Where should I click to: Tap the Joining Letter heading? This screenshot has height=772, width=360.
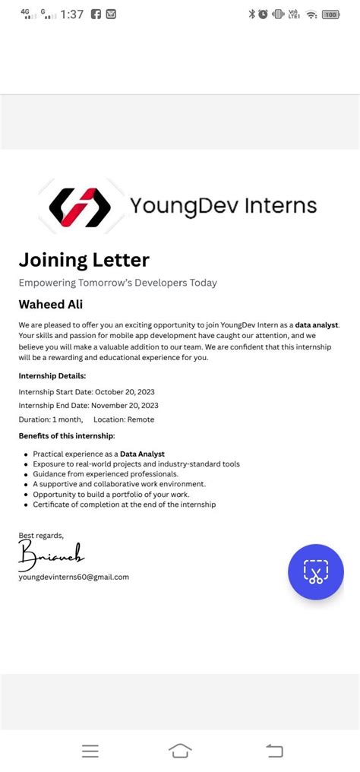click(x=84, y=260)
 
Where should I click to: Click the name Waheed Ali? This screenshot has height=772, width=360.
click(x=51, y=305)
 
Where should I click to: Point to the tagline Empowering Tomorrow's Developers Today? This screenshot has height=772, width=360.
click(x=118, y=283)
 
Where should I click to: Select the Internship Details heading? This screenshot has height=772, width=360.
click(x=52, y=375)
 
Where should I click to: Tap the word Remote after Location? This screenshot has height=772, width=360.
click(x=141, y=419)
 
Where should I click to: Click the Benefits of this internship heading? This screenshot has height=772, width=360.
click(x=67, y=435)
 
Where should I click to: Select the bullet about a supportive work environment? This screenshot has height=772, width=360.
click(x=119, y=484)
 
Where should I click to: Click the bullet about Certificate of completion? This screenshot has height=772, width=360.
click(x=125, y=505)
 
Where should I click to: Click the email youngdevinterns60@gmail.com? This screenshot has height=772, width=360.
click(x=74, y=577)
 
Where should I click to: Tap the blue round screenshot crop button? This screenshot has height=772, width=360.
click(x=316, y=572)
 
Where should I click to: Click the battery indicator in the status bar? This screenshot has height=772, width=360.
click(x=330, y=14)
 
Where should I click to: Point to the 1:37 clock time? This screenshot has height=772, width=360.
click(x=71, y=14)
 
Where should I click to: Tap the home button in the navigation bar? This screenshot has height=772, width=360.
click(x=180, y=751)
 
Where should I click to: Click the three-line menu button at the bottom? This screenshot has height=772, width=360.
click(x=90, y=751)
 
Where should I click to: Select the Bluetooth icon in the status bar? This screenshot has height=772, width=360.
click(x=251, y=14)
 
